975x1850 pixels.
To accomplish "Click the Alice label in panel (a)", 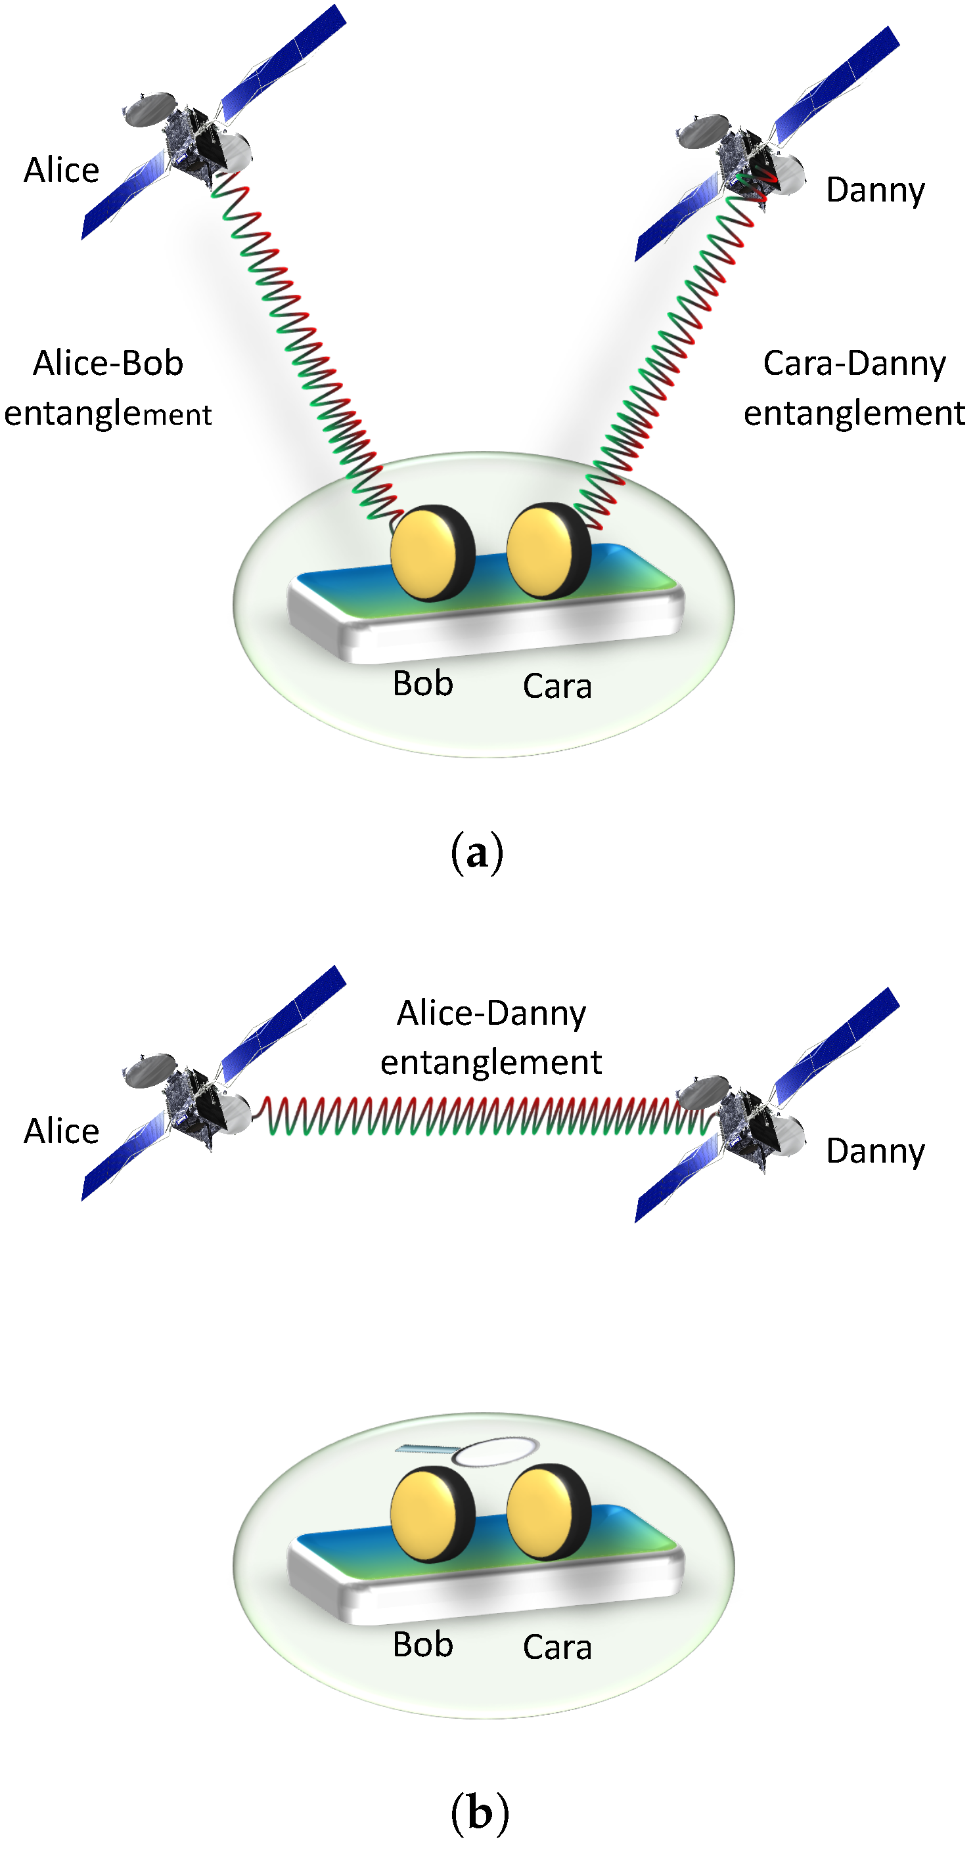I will point(61,170).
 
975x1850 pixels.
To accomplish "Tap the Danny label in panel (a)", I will point(874,190).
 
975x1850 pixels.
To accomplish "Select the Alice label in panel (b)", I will point(61,1131).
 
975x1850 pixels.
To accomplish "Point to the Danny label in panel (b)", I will point(874,1151).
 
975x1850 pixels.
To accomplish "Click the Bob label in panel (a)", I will point(422,683).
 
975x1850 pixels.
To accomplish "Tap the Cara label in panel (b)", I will point(557,1646).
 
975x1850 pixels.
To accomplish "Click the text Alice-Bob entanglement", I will point(108,388).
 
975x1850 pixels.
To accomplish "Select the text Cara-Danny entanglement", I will point(853,388).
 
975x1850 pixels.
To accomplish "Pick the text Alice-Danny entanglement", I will point(491,1037).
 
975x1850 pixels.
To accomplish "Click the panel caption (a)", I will point(476,853).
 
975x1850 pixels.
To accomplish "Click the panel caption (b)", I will point(479,1813).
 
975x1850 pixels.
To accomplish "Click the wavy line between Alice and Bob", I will point(302,337).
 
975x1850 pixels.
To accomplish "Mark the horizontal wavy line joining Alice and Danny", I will point(474,1116).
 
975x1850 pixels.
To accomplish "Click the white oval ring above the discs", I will point(494,1452).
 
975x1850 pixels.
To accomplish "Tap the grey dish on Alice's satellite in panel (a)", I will point(149,110).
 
